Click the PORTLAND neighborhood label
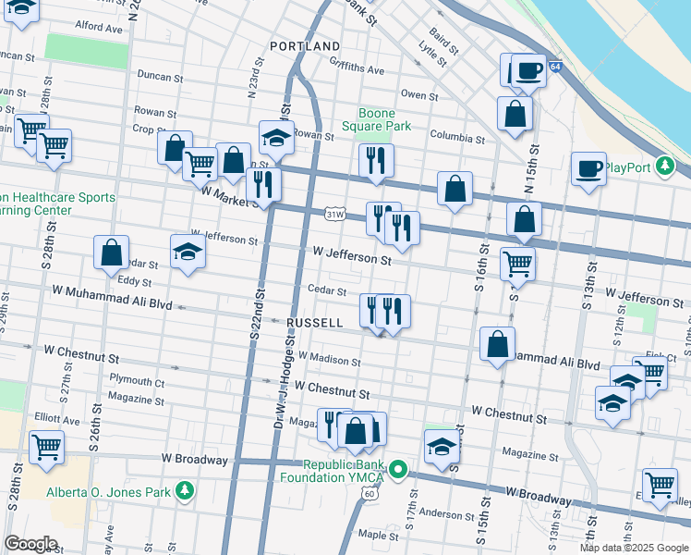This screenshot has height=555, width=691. [x=305, y=46]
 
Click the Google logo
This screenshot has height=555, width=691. [x=30, y=544]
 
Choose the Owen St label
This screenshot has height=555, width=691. [x=419, y=94]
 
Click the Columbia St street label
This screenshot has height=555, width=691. [x=456, y=139]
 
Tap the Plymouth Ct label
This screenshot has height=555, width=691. [x=137, y=380]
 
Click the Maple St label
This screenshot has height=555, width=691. [x=378, y=535]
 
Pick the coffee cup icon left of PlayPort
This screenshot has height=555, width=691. [x=588, y=169]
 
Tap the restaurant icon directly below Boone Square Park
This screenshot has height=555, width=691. [x=376, y=159]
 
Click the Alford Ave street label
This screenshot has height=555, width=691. [x=99, y=28]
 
